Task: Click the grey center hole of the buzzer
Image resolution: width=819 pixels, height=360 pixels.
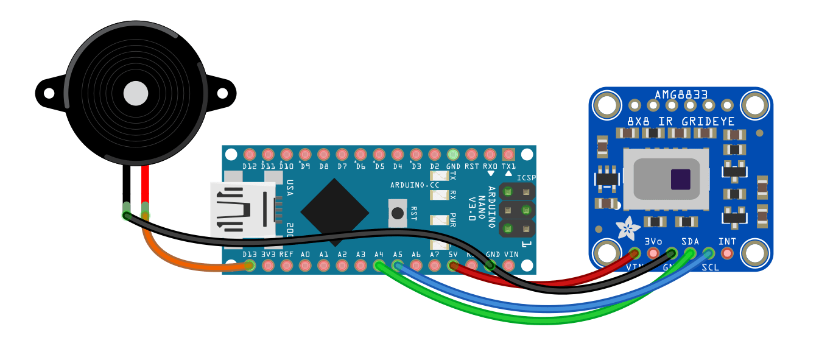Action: [136, 93]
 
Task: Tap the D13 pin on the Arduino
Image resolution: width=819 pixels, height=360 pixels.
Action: [249, 266]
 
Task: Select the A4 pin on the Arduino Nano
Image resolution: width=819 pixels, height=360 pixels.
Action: [379, 266]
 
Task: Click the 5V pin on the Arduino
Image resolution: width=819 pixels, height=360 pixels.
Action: [453, 266]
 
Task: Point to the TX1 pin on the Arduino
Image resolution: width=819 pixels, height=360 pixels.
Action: [508, 154]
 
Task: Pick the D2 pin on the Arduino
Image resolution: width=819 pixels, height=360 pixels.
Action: [434, 154]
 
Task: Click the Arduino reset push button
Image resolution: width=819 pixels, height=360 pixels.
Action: [398, 213]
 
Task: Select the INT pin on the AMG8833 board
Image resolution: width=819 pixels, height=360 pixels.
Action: [726, 253]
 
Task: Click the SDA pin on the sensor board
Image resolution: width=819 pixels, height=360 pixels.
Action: [690, 253]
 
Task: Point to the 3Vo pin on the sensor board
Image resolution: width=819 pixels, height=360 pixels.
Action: [653, 253]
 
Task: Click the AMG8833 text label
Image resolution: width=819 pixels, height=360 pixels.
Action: [681, 95]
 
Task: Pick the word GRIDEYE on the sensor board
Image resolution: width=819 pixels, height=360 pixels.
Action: [707, 121]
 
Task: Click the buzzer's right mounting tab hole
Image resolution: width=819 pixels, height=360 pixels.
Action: [222, 93]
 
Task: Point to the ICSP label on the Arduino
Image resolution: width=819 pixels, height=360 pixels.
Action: [525, 178]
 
